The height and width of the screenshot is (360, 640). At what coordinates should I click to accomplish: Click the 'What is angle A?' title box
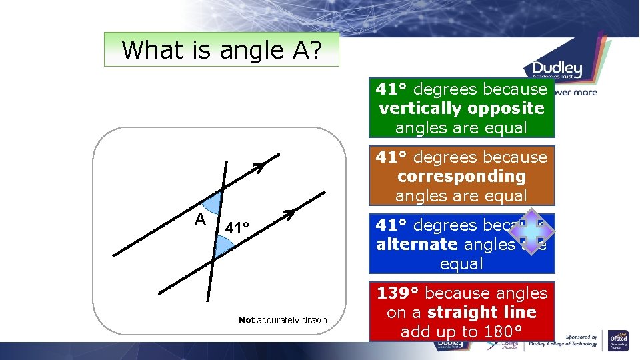point(221,50)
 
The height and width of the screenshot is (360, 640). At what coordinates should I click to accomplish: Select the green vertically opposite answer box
point(461,108)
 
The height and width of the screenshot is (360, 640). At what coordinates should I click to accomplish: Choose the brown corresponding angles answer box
point(461,176)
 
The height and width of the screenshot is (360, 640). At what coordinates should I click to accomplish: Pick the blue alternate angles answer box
point(461,244)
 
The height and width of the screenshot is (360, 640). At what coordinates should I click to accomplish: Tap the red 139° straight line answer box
point(461,312)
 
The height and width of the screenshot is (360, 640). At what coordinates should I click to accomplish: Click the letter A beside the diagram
point(199,219)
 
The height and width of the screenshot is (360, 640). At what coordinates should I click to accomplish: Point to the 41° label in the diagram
point(237,228)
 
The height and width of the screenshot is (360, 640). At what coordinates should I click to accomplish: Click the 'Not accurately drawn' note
point(283,320)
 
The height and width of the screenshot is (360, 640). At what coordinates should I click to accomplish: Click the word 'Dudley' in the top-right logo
point(557,69)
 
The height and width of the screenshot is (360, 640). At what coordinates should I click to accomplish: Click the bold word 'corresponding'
point(461,177)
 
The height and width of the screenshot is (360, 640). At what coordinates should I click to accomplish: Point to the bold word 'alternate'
point(417,245)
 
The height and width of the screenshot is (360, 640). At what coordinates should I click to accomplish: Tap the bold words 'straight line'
point(481,313)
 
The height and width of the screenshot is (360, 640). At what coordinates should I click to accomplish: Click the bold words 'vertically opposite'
point(461,108)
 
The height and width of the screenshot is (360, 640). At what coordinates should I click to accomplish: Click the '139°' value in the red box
point(398,293)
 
